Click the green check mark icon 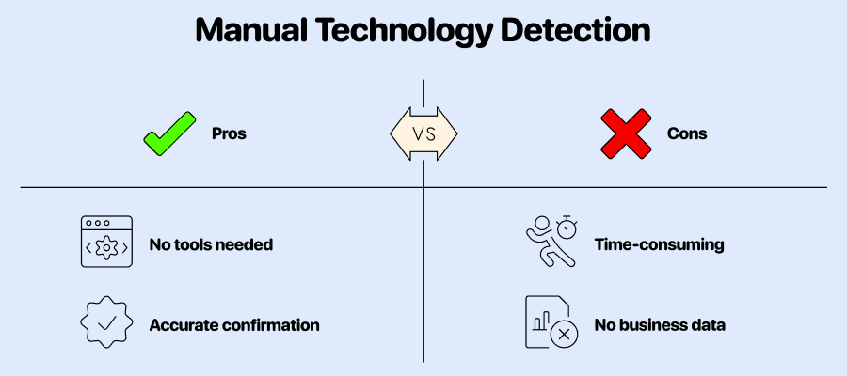point(169,133)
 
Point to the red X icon point(627,133)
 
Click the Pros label point(229,133)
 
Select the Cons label point(687,133)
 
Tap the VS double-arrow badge point(423,133)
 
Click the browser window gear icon point(106,242)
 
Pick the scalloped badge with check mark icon point(106,322)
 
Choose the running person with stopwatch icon point(551,242)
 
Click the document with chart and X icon point(551,322)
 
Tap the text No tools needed point(211,245)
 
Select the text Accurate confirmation point(234,325)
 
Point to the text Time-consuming point(659,245)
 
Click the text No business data point(660,325)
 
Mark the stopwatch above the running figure point(567,226)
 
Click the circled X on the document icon point(564,335)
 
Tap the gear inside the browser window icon point(106,247)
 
